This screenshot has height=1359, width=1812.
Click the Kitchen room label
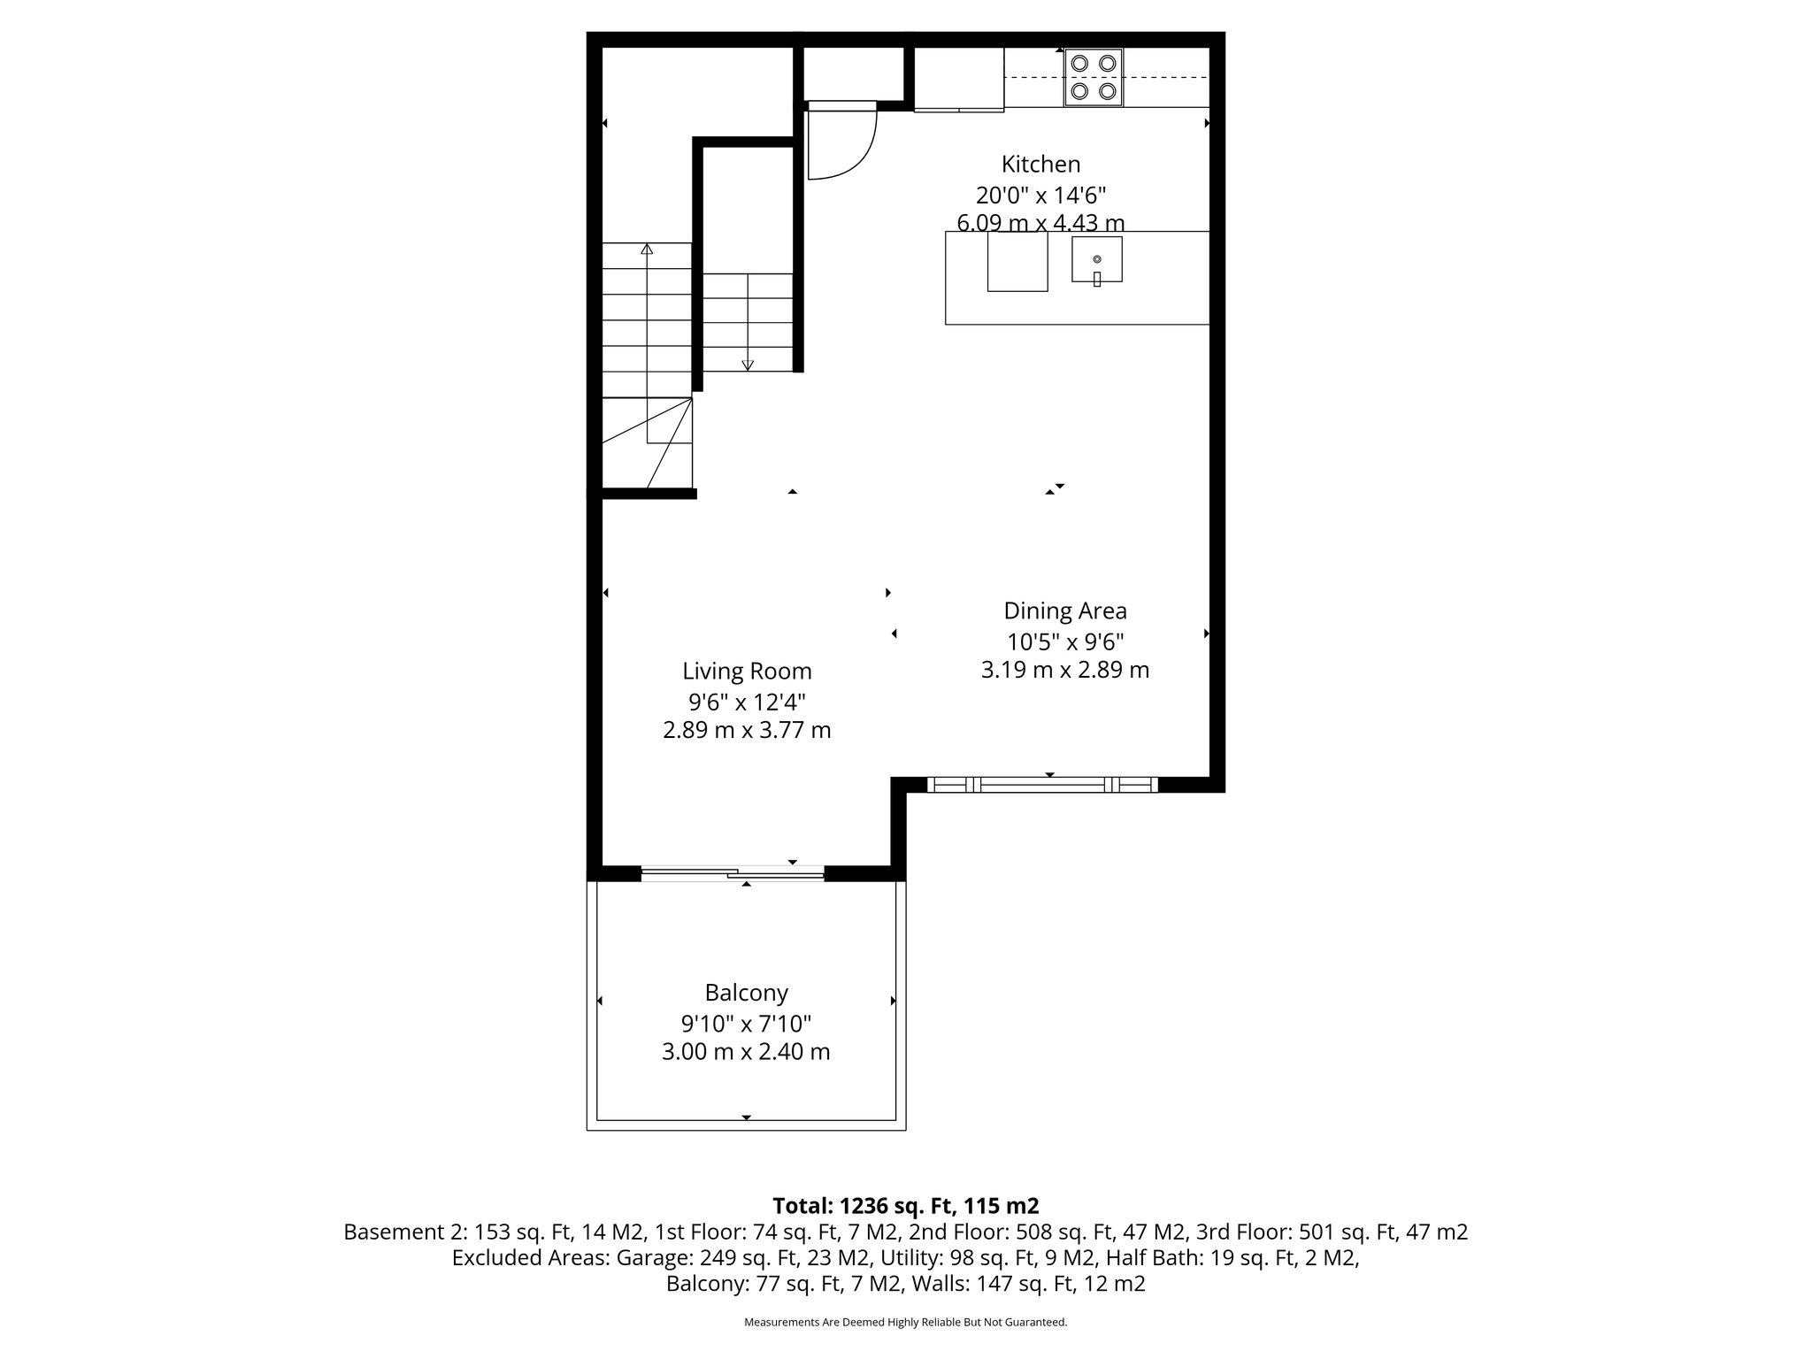[1040, 165]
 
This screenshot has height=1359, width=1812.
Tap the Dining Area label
[1064, 611]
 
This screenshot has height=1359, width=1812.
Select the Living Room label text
[747, 672]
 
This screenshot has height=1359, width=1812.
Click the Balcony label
[746, 993]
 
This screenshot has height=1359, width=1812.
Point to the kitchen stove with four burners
[1094, 77]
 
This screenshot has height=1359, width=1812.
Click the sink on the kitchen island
[1096, 260]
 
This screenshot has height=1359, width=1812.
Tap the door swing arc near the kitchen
[849, 150]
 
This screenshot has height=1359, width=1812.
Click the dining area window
[1042, 784]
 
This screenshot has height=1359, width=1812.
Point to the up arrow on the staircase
[647, 250]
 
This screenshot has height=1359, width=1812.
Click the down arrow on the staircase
[748, 364]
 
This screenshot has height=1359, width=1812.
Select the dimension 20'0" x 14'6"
[1040, 195]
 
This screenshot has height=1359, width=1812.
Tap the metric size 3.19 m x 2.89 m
[1064, 671]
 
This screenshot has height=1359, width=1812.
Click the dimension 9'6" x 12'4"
[747, 702]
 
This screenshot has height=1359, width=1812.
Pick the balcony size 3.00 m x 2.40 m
[746, 1052]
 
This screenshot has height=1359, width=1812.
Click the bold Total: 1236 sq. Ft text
[905, 1206]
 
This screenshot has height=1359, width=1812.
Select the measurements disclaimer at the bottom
[905, 1322]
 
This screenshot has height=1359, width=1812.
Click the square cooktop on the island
[1017, 261]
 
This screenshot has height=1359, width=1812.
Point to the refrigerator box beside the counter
[958, 79]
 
